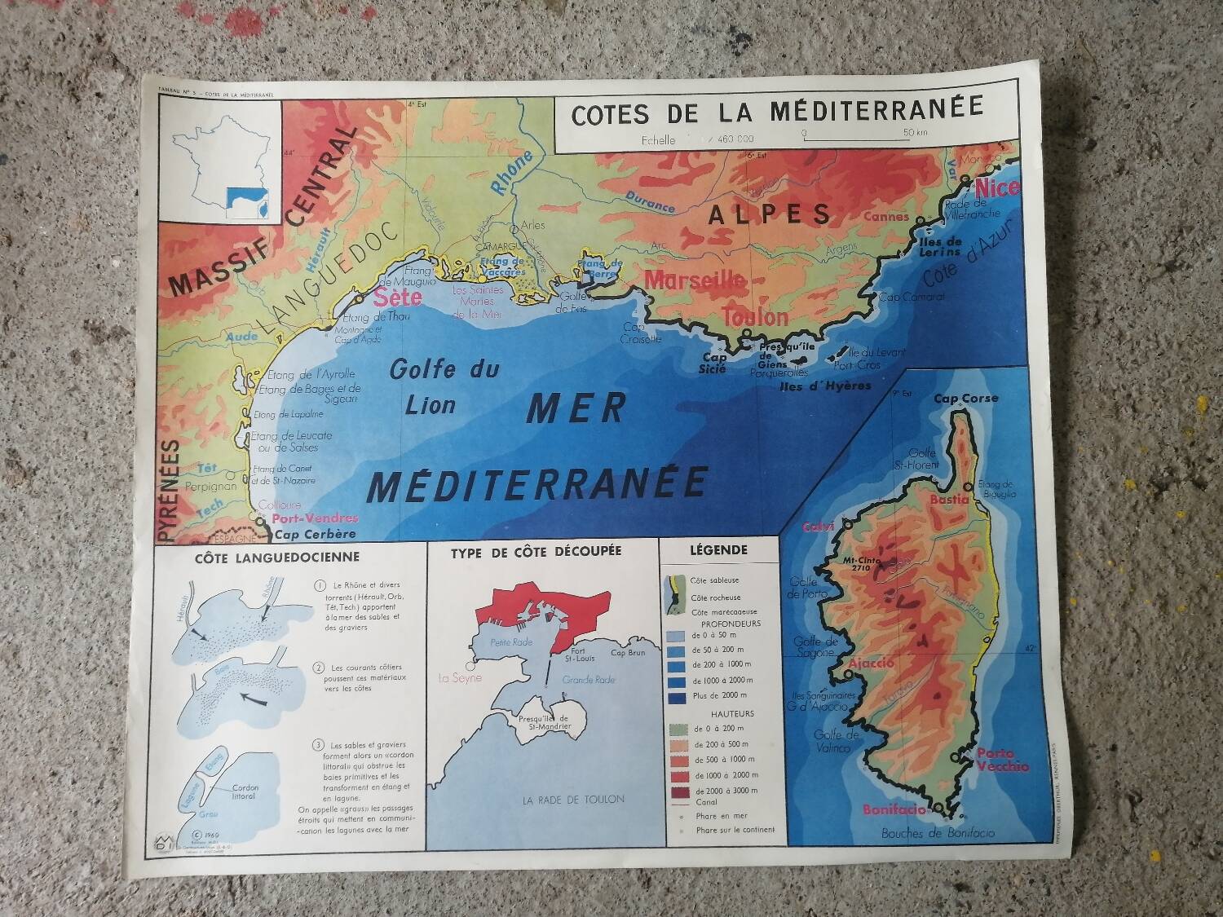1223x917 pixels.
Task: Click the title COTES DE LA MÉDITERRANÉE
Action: (777, 111)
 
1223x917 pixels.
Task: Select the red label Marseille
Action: (695, 280)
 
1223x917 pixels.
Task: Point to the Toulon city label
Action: (755, 316)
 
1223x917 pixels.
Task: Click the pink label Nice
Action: (997, 187)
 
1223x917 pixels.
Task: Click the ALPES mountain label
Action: (770, 214)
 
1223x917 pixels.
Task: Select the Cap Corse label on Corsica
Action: (965, 399)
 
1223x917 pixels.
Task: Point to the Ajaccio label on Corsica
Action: (871, 663)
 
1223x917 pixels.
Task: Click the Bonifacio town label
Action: (894, 809)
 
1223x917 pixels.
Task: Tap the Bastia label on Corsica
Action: (949, 499)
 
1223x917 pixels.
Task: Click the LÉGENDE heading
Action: (718, 550)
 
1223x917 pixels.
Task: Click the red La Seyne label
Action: (460, 677)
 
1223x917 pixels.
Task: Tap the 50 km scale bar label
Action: (916, 133)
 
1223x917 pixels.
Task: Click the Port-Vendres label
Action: (315, 518)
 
